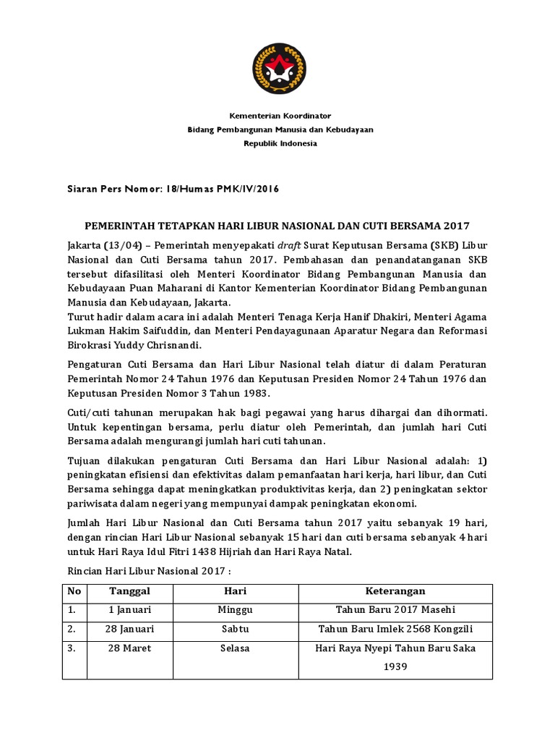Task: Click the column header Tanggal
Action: (x=129, y=591)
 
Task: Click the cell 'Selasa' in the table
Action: (x=235, y=648)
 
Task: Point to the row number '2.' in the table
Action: (x=72, y=629)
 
